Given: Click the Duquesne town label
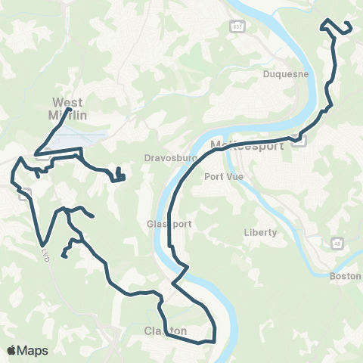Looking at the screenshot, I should (283, 74).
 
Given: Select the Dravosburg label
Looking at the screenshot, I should (160, 159).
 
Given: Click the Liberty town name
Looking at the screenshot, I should (261, 232).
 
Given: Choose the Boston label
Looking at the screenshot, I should (346, 277).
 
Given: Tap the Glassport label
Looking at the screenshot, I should (165, 225).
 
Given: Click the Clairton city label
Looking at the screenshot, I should (165, 331).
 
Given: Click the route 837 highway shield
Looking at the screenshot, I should (237, 26).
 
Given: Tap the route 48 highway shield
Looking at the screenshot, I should (337, 244).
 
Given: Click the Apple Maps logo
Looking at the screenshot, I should (26, 350).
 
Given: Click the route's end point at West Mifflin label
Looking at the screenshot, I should (70, 110).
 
